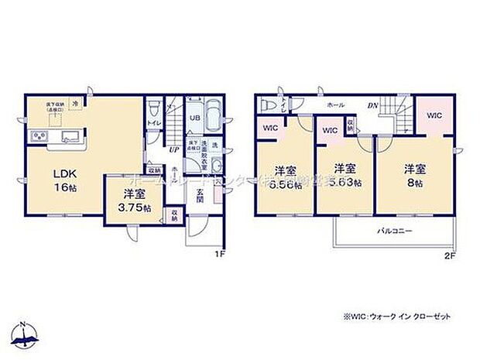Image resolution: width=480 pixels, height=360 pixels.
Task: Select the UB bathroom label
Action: pos(196,118)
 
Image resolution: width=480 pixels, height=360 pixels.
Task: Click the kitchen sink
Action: pos(67,139)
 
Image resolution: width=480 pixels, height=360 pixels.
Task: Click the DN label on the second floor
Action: pos(372,105)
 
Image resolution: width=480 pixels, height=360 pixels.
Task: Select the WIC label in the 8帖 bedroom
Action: pos(434,116)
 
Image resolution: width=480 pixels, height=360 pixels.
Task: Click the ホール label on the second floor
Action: pos(335,105)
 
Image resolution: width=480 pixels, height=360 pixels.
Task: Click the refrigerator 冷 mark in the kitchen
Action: pos(76,101)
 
